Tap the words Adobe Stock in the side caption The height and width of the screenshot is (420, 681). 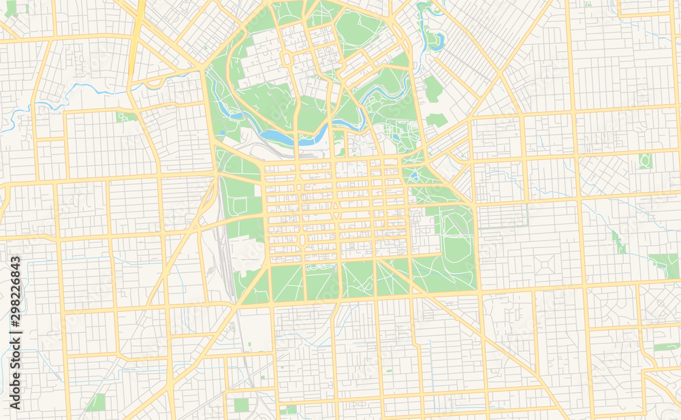15,374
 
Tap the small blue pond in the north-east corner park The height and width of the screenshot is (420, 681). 432,38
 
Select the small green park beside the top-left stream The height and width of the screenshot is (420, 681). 125,117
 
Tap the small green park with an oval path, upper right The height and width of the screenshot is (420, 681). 645,161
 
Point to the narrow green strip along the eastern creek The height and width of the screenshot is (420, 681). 618,242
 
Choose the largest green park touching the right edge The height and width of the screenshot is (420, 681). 665,265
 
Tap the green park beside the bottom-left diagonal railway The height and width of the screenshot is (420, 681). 96,402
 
